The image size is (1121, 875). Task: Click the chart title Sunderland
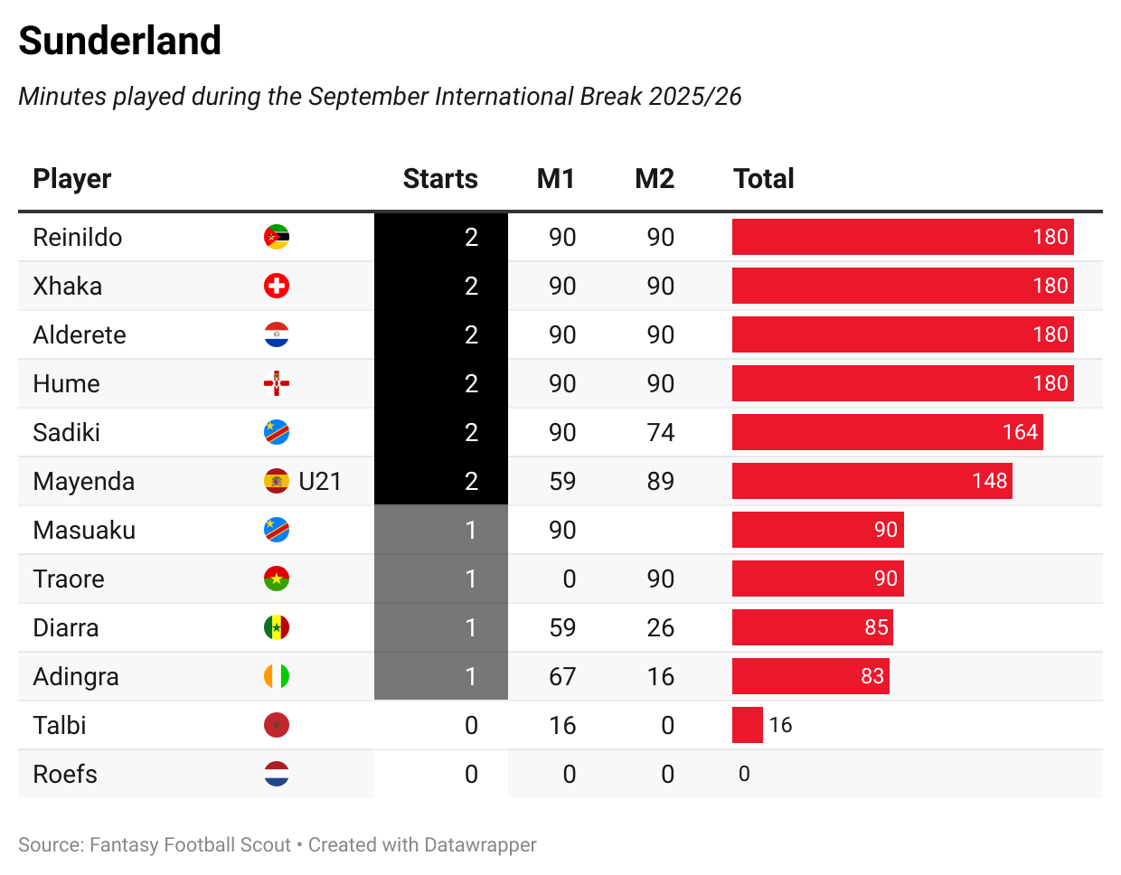[119, 41]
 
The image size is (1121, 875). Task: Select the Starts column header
[440, 179]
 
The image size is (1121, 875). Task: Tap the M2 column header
[655, 179]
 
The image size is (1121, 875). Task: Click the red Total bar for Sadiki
[887, 432]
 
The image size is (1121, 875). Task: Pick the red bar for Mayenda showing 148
[871, 481]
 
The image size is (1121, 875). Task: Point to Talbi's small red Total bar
[747, 725]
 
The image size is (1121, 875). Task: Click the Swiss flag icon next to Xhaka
[277, 287]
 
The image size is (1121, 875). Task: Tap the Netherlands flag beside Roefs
[277, 774]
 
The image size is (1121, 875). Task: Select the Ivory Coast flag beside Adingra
[277, 676]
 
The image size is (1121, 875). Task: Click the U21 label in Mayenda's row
[320, 481]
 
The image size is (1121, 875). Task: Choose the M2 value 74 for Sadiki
[661, 432]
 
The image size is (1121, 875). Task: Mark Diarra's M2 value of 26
[661, 627]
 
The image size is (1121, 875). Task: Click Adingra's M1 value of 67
[562, 676]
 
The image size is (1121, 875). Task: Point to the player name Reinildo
[78, 238]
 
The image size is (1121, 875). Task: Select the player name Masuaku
[84, 530]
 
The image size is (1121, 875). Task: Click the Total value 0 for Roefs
[744, 774]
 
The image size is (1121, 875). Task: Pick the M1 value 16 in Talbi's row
[562, 725]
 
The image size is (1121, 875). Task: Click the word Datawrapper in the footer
[480, 845]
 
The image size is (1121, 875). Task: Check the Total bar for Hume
[902, 383]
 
